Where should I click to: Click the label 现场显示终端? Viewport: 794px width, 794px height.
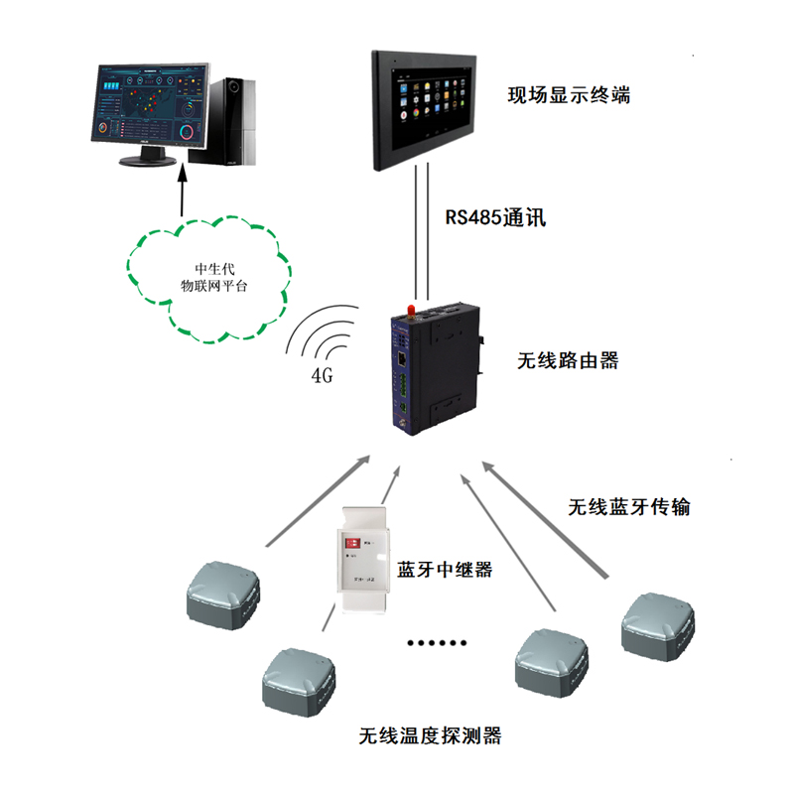569,96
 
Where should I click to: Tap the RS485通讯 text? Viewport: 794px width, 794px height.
492,216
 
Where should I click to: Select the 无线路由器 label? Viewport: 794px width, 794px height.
569,360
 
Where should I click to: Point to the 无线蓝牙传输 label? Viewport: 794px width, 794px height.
629,507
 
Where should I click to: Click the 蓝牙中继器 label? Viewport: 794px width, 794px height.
445,570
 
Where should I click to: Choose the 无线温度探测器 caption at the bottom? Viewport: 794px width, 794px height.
430,735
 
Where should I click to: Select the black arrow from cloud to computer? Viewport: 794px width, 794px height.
183,189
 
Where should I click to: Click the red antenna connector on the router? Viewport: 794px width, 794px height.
406,316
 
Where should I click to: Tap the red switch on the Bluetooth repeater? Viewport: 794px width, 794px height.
351,543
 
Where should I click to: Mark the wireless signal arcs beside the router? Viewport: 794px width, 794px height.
323,337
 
